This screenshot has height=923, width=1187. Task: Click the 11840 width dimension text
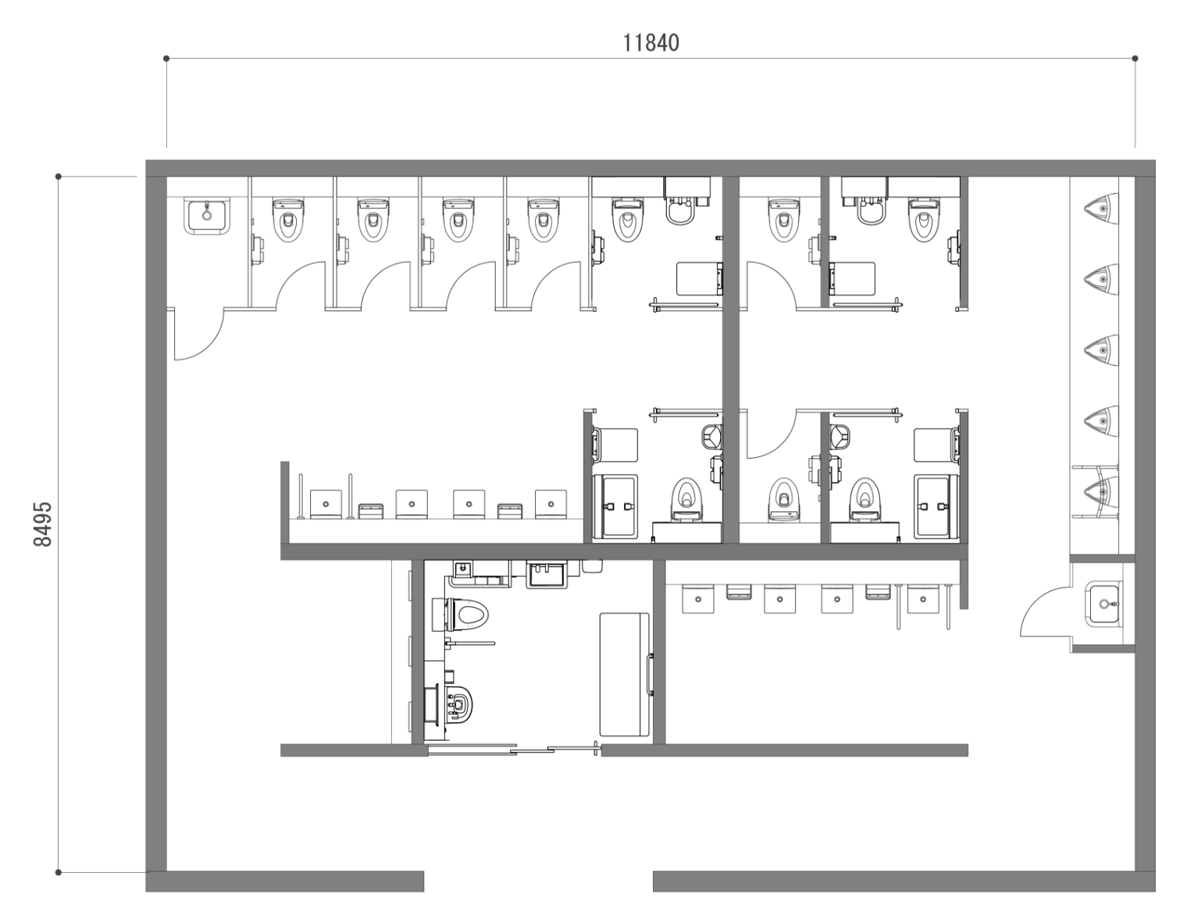tap(651, 43)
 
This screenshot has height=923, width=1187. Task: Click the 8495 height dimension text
tap(43, 524)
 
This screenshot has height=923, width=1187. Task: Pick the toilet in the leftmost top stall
tap(288, 220)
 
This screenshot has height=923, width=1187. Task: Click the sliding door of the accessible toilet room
tap(514, 749)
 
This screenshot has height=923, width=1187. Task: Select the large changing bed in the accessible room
tap(625, 674)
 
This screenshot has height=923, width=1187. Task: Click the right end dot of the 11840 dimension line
tap(1135, 59)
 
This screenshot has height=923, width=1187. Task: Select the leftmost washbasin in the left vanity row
tap(326, 504)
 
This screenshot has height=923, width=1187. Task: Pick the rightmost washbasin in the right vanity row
tap(923, 599)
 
